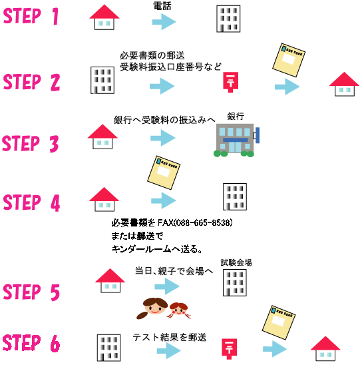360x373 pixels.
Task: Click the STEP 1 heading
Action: click(31, 16)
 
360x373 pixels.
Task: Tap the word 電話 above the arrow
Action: click(162, 6)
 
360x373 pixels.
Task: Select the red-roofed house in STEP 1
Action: click(104, 17)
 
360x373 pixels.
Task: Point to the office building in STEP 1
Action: click(228, 19)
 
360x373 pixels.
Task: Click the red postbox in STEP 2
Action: click(230, 82)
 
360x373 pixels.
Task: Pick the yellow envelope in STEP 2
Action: click(289, 60)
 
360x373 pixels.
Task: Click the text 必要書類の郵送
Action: click(152, 56)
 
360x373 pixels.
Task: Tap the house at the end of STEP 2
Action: click(344, 84)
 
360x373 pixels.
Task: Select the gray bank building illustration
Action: click(236, 141)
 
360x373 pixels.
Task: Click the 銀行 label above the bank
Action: click(236, 117)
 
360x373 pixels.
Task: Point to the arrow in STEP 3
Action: click(163, 138)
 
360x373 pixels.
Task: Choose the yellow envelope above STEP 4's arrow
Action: click(164, 173)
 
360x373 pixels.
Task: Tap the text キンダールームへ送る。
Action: click(157, 249)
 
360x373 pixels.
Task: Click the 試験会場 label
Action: click(236, 262)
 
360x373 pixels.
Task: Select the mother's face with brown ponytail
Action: click(153, 308)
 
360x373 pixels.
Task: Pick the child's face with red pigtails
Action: click(179, 310)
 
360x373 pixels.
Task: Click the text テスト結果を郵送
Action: click(170, 337)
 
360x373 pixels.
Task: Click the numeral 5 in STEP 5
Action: click(55, 292)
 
